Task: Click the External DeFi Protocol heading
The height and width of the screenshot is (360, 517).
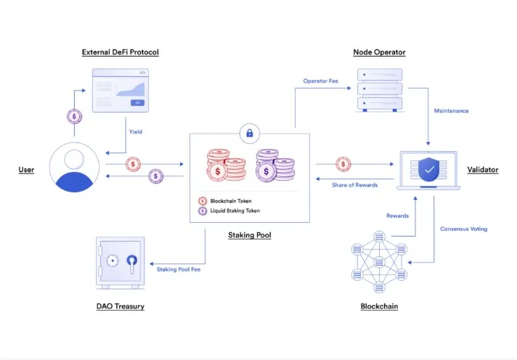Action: [120, 52]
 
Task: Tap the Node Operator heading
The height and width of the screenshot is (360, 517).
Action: [379, 52]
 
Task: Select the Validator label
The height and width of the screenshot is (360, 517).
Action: [483, 169]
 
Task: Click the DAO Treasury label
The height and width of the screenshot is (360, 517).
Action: [120, 306]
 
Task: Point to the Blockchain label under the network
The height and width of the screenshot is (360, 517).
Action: [379, 306]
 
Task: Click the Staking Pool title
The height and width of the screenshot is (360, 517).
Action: [249, 235]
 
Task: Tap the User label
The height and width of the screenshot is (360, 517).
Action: [26, 170]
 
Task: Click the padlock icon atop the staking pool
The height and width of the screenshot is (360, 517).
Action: [249, 133]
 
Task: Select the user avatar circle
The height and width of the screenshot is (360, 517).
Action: [76, 167]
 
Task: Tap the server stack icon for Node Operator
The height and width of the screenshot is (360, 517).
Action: [380, 90]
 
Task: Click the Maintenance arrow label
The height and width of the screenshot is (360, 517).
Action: [451, 111]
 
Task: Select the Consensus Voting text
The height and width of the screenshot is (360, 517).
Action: [463, 229]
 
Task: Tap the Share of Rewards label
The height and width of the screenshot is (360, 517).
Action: [355, 185]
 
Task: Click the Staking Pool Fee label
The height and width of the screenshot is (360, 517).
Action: [179, 269]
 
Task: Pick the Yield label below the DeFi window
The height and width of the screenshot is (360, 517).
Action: [136, 132]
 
